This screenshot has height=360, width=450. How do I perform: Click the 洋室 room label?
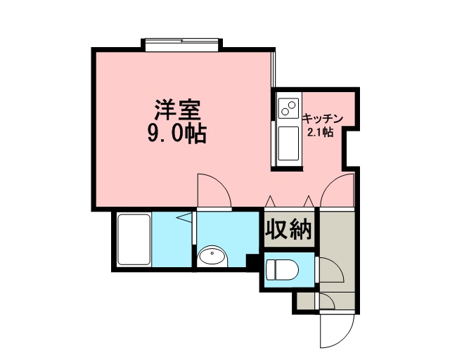(x=177, y=110)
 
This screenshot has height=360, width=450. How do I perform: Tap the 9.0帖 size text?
(x=177, y=134)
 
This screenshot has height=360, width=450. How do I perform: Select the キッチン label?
(x=323, y=118)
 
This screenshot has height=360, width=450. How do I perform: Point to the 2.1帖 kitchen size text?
(x=321, y=132)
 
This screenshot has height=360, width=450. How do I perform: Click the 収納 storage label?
(x=288, y=229)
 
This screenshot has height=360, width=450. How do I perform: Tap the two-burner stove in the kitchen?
(x=288, y=108)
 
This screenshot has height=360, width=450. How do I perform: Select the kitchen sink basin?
(x=288, y=143)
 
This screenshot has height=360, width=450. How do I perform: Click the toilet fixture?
(x=283, y=270)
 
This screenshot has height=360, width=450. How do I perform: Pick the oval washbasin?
(x=212, y=257)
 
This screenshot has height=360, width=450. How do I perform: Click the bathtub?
(x=134, y=240)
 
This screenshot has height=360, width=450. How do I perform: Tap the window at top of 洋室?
(x=181, y=45)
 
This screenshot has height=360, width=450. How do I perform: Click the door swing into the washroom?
(x=214, y=191)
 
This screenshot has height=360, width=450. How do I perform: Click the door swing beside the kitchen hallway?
(x=337, y=191)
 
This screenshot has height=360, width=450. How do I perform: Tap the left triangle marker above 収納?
(x=270, y=201)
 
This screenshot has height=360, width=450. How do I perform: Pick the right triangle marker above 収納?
(x=309, y=201)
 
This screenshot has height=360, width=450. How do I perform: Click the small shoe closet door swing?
(x=326, y=301)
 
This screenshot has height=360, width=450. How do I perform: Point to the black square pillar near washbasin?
(x=252, y=261)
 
